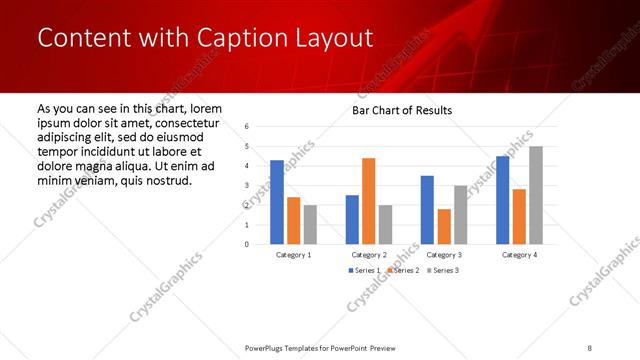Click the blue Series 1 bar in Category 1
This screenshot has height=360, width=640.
pos(277,202)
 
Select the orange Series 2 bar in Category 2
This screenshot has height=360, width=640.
pos(368,201)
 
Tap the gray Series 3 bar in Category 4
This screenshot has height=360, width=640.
pos(536,195)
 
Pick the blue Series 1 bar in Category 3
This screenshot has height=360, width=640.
pos(427,210)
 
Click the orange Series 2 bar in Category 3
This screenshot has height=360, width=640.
pos(444,227)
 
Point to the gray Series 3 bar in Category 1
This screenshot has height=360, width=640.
pos(310,225)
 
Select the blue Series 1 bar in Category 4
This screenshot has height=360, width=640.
pos(502,200)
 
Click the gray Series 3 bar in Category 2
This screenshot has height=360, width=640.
pos(385,225)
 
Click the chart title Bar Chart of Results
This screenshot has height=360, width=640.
pos(402,110)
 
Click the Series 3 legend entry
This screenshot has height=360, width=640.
pos(443,271)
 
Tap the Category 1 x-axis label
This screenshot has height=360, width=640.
pos(293,255)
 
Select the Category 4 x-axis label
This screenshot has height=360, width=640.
pos(518,255)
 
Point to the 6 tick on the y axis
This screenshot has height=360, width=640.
pos(247,127)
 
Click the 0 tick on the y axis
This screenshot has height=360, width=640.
pos(247,244)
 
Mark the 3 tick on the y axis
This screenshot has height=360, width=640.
pos(247,186)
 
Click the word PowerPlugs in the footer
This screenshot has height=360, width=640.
pos(270,347)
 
